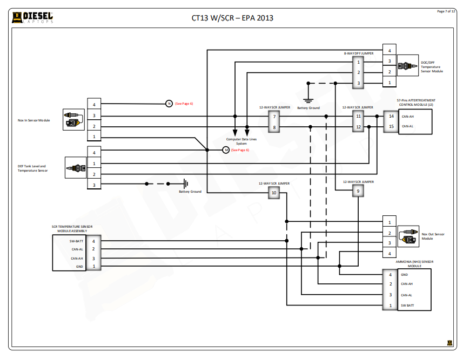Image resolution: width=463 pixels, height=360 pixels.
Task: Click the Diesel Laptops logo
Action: (x=33, y=18)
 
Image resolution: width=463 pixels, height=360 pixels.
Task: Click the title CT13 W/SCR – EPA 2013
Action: (x=232, y=18)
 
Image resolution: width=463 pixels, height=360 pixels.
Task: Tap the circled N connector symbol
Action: (x=168, y=103)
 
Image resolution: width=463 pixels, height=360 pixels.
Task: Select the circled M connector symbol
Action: (x=226, y=150)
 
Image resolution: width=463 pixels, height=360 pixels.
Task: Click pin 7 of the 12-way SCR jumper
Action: (x=274, y=116)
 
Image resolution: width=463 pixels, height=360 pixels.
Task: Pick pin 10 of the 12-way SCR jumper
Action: (x=273, y=193)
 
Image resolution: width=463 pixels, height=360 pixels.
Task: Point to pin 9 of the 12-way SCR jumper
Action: (x=358, y=192)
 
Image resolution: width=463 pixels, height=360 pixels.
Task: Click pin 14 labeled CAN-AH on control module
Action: (x=392, y=116)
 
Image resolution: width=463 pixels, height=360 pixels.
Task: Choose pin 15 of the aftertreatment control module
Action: (x=392, y=127)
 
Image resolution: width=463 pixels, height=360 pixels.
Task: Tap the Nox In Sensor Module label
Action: (x=33, y=120)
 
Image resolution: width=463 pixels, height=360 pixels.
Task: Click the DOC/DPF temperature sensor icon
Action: (x=404, y=66)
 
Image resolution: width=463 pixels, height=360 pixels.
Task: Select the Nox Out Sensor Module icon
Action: (x=408, y=236)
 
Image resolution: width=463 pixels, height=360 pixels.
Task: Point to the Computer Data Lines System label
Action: (x=241, y=141)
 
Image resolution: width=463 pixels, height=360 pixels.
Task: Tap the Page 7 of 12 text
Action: (x=446, y=11)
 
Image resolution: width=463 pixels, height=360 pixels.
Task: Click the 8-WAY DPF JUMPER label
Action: (x=359, y=53)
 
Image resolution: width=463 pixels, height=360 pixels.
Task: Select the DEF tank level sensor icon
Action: (x=75, y=168)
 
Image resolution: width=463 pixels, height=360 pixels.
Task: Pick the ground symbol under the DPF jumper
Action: (x=308, y=100)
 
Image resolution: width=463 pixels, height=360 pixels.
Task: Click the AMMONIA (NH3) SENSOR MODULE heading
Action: (x=414, y=263)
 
